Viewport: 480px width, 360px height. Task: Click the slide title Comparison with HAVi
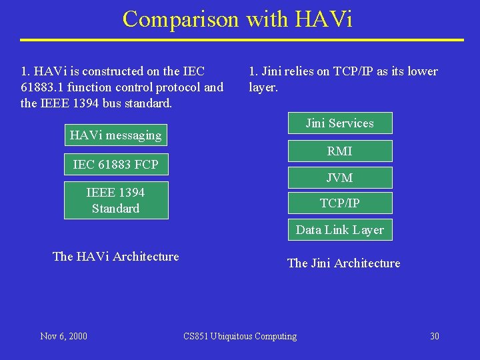tap(237, 19)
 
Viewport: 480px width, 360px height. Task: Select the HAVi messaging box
tap(116, 135)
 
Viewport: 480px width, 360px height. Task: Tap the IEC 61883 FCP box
tap(116, 164)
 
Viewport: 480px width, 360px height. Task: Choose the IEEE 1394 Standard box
tap(116, 200)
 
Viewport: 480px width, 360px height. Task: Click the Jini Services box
tap(340, 123)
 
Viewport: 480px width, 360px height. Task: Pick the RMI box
tap(340, 151)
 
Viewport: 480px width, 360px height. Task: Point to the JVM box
tap(340, 178)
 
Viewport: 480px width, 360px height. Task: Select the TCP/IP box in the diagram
tap(340, 203)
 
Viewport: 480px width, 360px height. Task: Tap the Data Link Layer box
tap(340, 230)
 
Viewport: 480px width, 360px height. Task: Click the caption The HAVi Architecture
tap(116, 257)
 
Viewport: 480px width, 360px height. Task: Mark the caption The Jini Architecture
tap(343, 263)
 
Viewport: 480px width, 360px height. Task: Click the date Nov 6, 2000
tap(63, 336)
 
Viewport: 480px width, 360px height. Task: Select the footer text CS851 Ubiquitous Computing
tap(240, 336)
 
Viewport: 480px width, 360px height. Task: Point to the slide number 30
tap(435, 336)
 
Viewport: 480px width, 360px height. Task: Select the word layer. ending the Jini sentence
tap(263, 87)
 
